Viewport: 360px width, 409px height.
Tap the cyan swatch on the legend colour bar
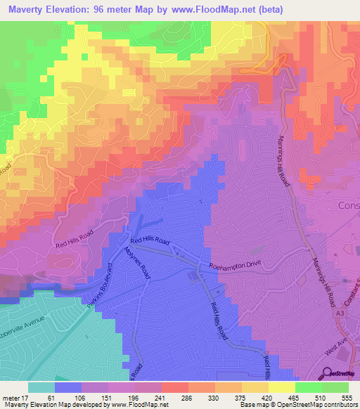pos(41,387)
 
